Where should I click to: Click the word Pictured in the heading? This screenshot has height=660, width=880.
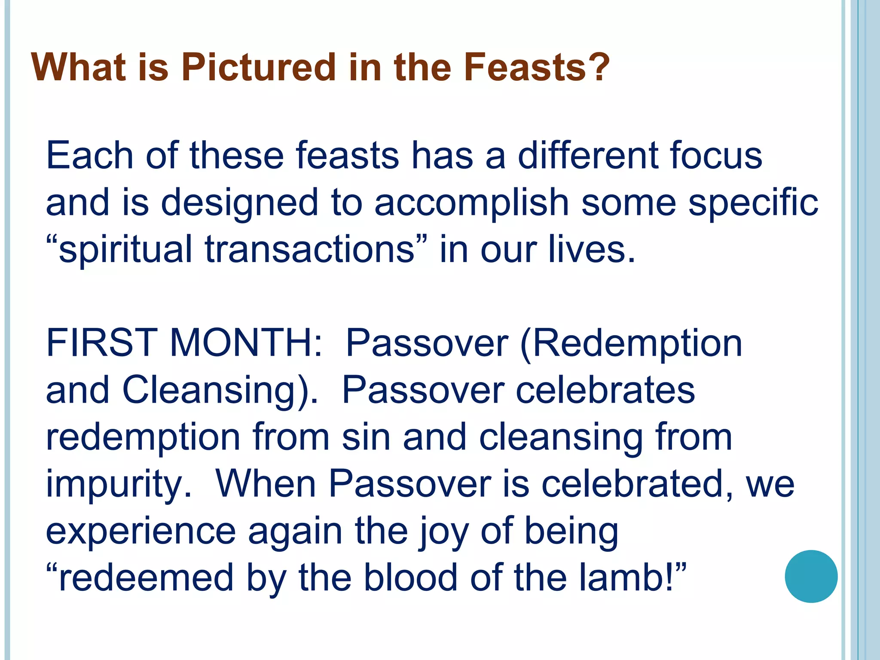[258, 67]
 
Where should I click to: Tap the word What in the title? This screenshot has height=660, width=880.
[78, 67]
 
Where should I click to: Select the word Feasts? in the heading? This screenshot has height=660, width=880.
[537, 67]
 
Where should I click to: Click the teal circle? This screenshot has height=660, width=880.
[811, 576]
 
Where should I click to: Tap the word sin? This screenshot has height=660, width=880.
[366, 437]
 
